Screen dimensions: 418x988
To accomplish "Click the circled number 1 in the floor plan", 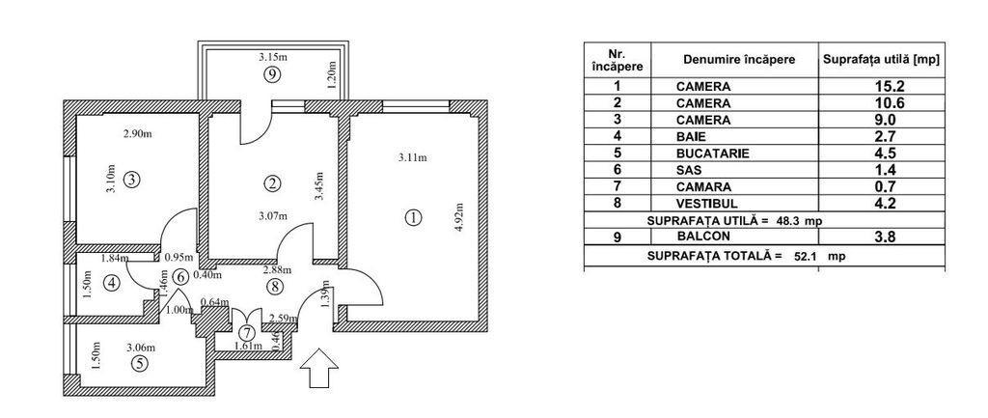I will point(414,217).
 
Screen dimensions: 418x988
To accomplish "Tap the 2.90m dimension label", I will point(138,133).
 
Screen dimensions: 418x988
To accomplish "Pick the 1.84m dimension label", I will point(114,259).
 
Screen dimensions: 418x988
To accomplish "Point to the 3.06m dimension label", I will point(141,348).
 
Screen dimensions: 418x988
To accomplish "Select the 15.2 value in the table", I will point(880,86).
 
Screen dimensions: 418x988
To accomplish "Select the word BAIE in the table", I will point(692,137).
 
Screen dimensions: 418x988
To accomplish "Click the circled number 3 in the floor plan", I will point(132,178).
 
